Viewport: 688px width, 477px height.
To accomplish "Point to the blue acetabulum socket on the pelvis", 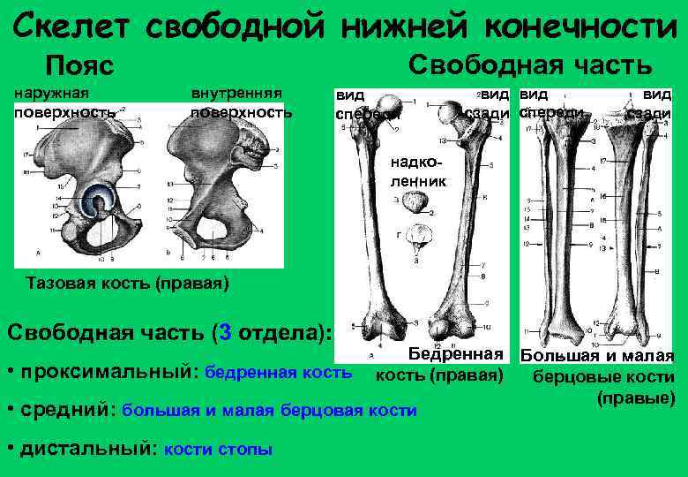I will (95, 202).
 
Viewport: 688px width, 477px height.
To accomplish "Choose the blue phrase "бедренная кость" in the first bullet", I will (278, 373).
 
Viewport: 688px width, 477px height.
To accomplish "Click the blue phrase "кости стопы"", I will (219, 449).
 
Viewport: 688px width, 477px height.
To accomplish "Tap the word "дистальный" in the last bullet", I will (86, 448).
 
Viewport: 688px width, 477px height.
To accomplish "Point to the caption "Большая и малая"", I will (596, 357).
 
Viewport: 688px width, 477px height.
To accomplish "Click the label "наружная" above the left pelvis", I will (51, 91).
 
